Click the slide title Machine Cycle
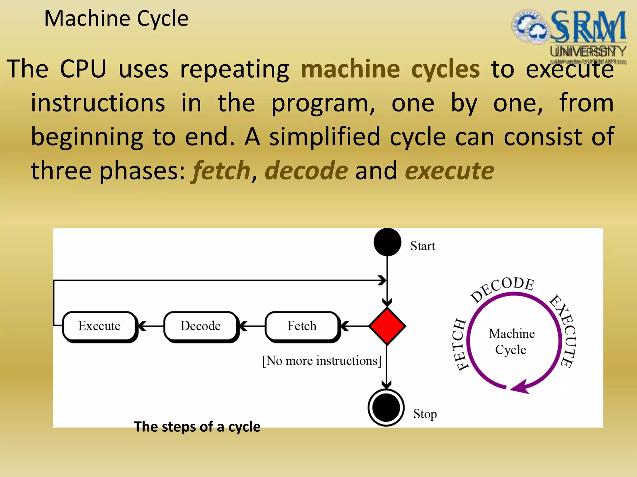point(116,19)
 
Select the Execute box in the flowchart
point(100,326)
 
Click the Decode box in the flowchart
point(201,326)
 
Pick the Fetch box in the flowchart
point(302,326)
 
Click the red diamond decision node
point(387,326)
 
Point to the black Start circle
point(387,242)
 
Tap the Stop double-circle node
point(386,407)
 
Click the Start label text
point(422,246)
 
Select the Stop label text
point(425,414)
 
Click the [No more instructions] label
point(322,361)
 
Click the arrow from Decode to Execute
point(151,326)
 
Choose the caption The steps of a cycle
point(197,427)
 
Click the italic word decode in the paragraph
point(306,171)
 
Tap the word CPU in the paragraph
point(83,69)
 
